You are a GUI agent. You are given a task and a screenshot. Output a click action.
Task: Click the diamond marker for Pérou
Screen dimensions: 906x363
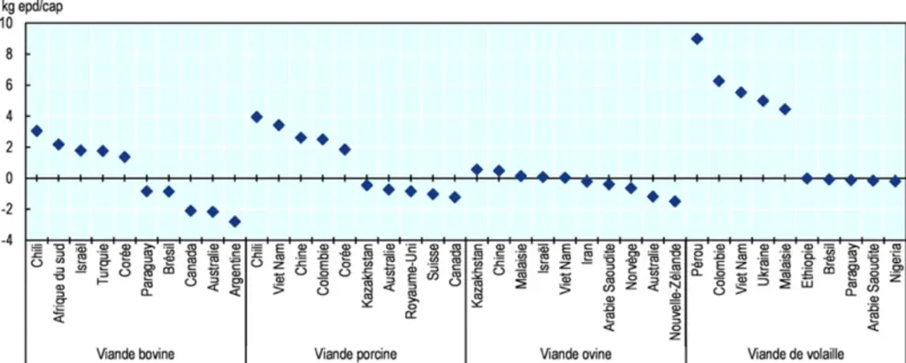pyautogui.click(x=697, y=39)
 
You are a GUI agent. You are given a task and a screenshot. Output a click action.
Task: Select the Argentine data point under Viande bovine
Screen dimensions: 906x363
pyautogui.click(x=234, y=221)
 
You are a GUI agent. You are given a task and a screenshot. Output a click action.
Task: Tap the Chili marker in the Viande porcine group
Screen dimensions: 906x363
pyautogui.click(x=257, y=117)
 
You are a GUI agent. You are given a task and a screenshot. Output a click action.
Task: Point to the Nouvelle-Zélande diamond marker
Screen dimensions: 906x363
pyautogui.click(x=675, y=201)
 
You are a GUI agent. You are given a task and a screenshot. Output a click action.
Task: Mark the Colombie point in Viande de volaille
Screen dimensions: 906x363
pyautogui.click(x=718, y=81)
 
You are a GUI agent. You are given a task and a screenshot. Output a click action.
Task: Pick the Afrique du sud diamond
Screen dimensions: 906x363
pyautogui.click(x=58, y=144)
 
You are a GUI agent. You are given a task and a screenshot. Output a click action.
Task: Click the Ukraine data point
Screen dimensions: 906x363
pyautogui.click(x=763, y=101)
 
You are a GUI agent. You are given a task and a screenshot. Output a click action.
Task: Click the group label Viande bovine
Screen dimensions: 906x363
pyautogui.click(x=135, y=353)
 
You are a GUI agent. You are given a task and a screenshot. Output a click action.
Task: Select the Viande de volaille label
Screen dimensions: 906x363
pyautogui.click(x=795, y=353)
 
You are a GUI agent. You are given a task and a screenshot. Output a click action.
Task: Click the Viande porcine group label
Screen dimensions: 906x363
pyautogui.click(x=356, y=353)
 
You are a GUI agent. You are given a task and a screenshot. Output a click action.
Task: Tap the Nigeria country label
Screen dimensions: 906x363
pyautogui.click(x=895, y=261)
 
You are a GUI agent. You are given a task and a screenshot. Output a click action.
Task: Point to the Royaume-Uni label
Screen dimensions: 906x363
pyautogui.click(x=411, y=272)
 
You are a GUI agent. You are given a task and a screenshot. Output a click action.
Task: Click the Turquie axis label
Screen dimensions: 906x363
pyautogui.click(x=103, y=263)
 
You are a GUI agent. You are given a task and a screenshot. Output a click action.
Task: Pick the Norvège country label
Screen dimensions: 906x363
pyautogui.click(x=632, y=264)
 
